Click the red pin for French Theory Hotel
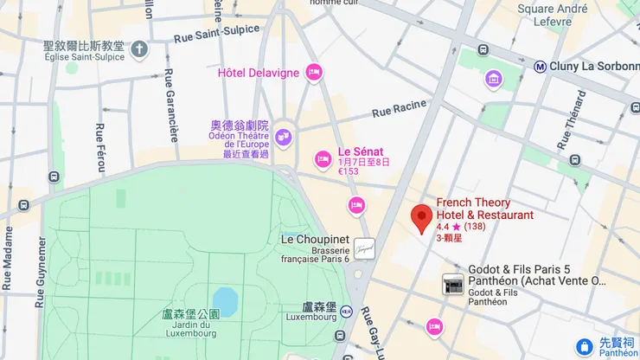421,217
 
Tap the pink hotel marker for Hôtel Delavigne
315,72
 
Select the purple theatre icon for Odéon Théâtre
283,137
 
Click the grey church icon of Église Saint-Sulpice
139,48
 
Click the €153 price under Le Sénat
349,171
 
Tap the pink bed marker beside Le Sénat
323,158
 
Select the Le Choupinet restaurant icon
364,247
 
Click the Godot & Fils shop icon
451,282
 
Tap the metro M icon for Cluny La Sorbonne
540,65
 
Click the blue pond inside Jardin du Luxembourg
225,299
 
